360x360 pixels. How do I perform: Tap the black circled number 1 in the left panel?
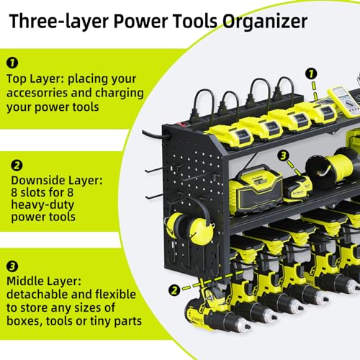point(12,63)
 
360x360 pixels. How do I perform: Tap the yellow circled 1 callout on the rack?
point(310,73)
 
